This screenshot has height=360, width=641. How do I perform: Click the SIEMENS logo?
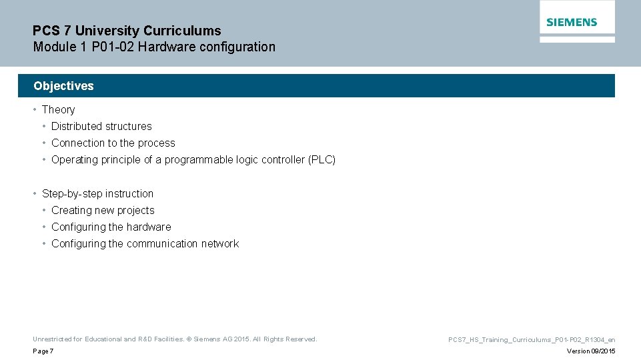pyautogui.click(x=572, y=22)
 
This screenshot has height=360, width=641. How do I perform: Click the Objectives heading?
pyautogui.click(x=63, y=86)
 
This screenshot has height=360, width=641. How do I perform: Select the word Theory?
pyautogui.click(x=58, y=110)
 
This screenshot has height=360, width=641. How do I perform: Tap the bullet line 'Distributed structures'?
pyautogui.click(x=101, y=127)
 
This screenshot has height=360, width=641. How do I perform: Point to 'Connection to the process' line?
pyautogui.click(x=113, y=143)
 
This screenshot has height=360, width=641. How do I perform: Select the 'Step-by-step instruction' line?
pyautogui.click(x=97, y=194)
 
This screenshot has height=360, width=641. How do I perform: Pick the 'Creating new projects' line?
pyautogui.click(x=103, y=211)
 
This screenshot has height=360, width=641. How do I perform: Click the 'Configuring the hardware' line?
pyautogui.click(x=111, y=227)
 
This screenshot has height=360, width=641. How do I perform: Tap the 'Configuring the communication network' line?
pyautogui.click(x=145, y=244)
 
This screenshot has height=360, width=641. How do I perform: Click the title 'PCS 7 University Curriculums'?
pyautogui.click(x=127, y=31)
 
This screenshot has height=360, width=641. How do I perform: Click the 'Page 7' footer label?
pyautogui.click(x=43, y=351)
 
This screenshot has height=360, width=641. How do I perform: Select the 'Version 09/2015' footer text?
pyautogui.click(x=591, y=351)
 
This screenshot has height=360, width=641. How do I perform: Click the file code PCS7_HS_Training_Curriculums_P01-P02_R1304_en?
pyautogui.click(x=532, y=340)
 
